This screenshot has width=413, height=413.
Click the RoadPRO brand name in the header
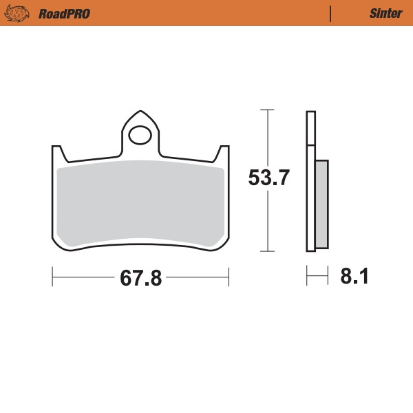click(x=65, y=13)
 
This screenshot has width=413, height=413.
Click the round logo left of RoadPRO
click(x=18, y=13)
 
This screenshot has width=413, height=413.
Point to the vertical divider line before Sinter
click(x=331, y=13)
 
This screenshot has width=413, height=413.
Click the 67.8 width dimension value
click(x=140, y=278)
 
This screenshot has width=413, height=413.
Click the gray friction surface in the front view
click(x=141, y=203)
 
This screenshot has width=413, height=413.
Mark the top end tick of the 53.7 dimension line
click(x=266, y=110)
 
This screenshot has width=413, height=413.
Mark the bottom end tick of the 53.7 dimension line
click(x=266, y=251)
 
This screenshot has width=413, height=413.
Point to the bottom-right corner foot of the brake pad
click(x=222, y=245)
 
